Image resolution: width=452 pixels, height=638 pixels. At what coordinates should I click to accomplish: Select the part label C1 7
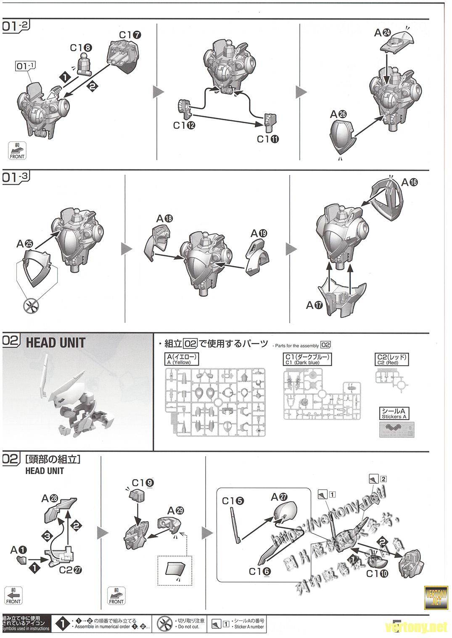(130, 35)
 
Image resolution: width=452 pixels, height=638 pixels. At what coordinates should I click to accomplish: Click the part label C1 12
(184, 125)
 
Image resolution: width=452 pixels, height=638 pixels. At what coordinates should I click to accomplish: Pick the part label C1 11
(268, 139)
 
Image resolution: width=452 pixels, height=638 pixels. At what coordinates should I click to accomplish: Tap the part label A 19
(259, 233)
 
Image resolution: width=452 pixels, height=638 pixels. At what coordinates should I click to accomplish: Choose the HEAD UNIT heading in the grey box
(56, 343)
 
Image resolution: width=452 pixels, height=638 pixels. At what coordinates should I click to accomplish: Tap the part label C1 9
(143, 483)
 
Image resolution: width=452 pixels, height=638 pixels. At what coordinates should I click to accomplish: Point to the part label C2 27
(70, 569)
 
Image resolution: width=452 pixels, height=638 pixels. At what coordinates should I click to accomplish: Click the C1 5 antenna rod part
(236, 526)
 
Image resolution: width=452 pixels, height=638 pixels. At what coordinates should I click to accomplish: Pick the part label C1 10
(377, 573)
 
